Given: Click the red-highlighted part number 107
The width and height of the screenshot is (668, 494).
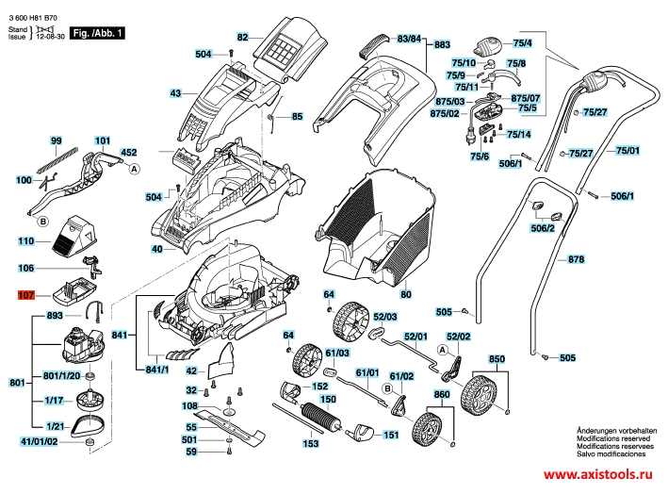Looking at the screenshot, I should coord(25,295).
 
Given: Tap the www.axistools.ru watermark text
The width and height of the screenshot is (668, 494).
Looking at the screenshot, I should coord(601,479).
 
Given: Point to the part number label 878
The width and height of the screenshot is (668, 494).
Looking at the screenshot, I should coord(577,258).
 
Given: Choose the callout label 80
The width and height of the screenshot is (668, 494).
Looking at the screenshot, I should coord(406,295).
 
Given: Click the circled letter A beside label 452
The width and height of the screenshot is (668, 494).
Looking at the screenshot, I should coord(134,168).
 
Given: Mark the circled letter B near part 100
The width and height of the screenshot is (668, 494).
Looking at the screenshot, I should coord(42,222).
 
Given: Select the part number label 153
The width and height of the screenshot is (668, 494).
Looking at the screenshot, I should coord(310,443).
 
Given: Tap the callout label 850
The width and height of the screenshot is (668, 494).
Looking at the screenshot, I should coord(497,359).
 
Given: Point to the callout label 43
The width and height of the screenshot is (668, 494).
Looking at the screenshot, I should coord(175,93).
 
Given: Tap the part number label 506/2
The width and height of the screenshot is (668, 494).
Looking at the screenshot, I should coord(543,229).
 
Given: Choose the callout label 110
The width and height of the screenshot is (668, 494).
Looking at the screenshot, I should coord(25,242).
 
